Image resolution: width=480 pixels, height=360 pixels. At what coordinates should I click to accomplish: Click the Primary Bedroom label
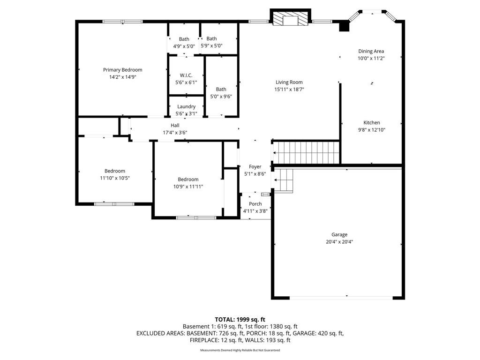pos(122,70)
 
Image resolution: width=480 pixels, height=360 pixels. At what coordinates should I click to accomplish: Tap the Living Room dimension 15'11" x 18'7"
pos(289,90)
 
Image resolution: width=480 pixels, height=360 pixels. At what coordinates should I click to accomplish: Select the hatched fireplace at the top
pos(290,19)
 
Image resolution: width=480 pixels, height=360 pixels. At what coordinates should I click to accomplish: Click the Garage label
pos(339,234)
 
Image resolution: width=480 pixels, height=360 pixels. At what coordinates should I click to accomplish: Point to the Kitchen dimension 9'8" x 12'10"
pos(372,130)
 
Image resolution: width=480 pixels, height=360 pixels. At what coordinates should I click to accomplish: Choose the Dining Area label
pos(371,52)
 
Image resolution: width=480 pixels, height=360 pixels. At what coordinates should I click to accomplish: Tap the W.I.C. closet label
pos(186,75)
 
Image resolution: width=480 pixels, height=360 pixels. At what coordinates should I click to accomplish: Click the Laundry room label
pos(186,106)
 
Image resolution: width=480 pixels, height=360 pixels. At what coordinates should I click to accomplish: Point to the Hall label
pos(175,125)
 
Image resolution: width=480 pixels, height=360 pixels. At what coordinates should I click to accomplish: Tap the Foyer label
pos(255,166)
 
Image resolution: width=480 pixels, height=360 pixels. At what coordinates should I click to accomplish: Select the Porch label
pos(255,204)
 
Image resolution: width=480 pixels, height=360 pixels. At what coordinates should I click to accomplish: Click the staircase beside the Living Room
pos(306,153)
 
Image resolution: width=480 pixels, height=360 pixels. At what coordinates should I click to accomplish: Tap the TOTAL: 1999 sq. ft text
pos(240,320)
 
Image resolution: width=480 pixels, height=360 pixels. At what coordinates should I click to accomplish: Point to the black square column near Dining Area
pos(344,26)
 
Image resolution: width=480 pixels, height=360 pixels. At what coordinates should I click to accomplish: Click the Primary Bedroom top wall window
pos(122,22)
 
